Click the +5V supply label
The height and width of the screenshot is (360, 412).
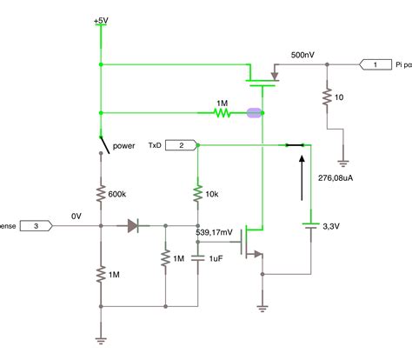(102, 18)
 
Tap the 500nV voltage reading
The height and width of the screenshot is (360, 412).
(303, 54)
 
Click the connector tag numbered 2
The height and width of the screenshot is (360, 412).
(181, 144)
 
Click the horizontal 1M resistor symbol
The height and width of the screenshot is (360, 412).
(223, 112)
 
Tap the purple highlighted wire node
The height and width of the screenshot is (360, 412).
(255, 112)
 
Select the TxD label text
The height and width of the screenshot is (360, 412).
(155, 145)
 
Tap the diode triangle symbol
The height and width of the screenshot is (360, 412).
(132, 226)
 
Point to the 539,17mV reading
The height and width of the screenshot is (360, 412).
(215, 232)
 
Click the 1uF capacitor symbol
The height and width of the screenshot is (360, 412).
(198, 257)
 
